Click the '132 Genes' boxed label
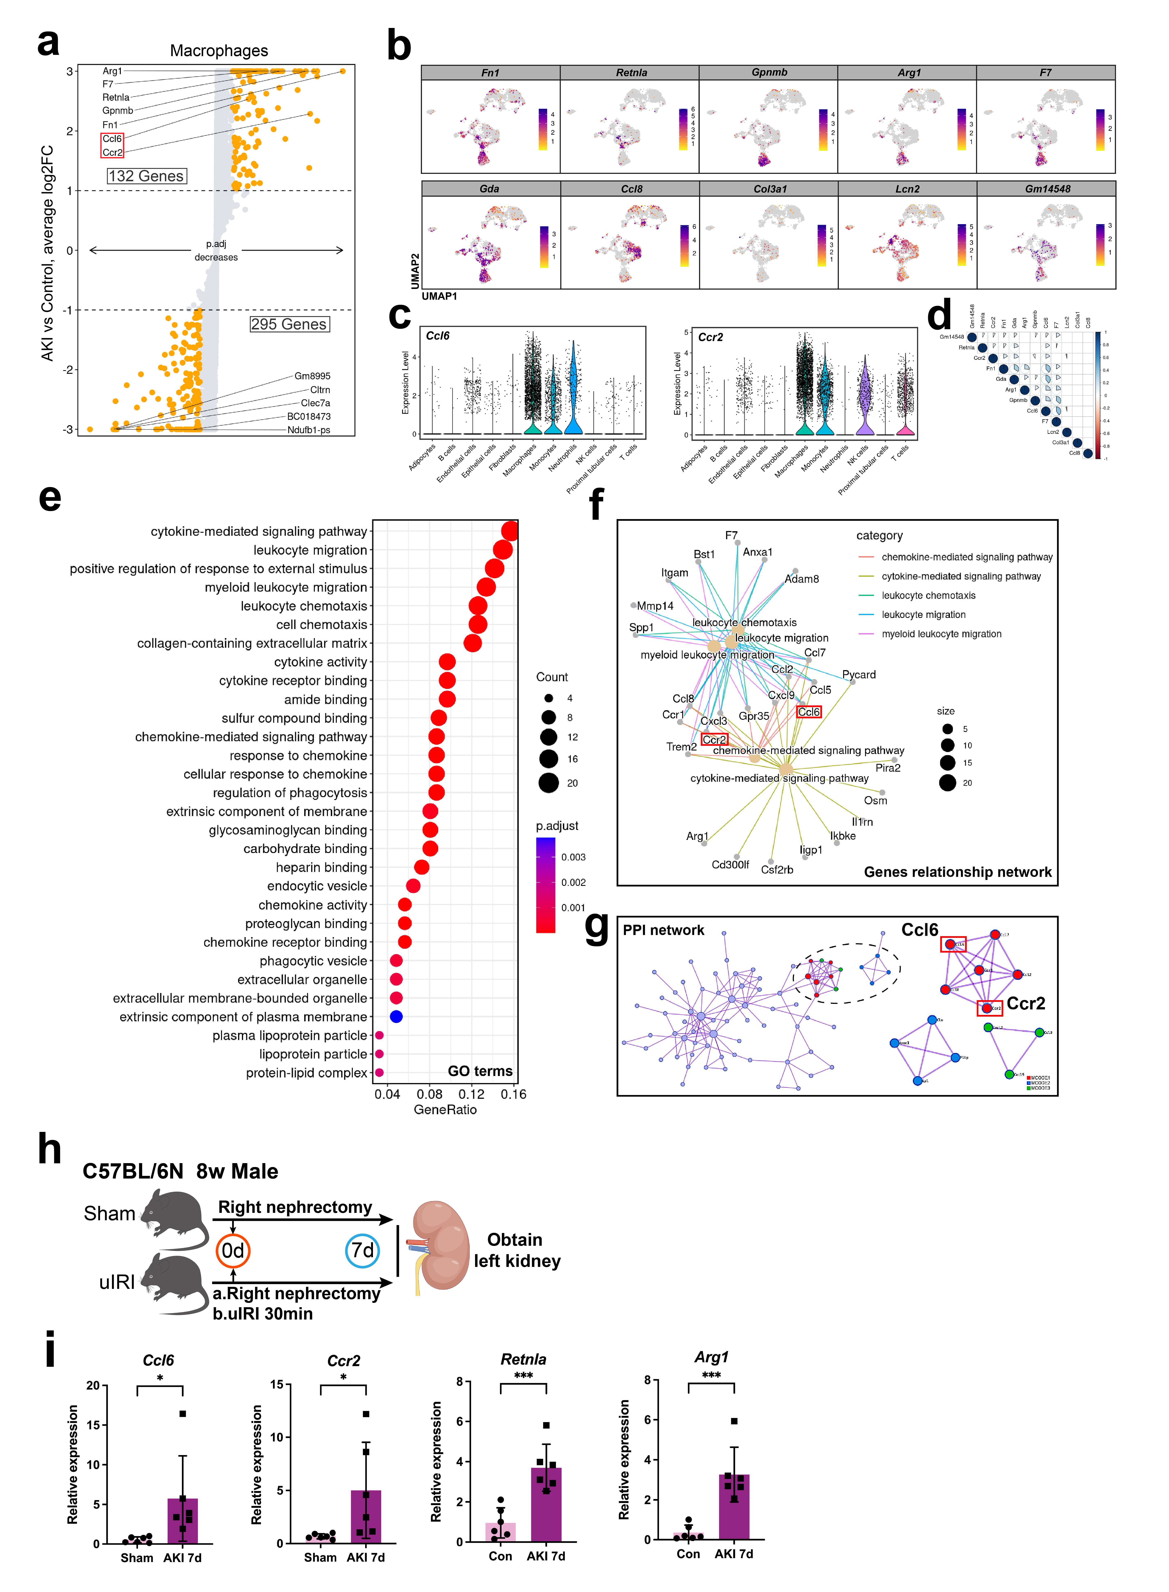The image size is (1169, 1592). click(x=146, y=176)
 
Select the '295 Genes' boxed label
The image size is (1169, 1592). click(x=289, y=324)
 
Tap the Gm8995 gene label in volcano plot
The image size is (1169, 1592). click(x=312, y=376)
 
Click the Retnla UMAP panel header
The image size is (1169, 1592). click(x=631, y=72)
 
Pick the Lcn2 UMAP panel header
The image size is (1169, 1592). click(x=907, y=189)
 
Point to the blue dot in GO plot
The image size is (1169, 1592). click(x=396, y=1017)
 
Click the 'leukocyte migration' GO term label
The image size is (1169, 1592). click(x=310, y=550)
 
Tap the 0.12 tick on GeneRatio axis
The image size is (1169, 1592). click(x=472, y=1094)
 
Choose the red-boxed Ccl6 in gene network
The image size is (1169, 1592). click(x=809, y=712)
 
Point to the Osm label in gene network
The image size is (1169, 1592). click(x=875, y=801)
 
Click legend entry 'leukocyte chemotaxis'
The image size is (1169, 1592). click(x=928, y=595)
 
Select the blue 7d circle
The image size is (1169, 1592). click(x=362, y=1251)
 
